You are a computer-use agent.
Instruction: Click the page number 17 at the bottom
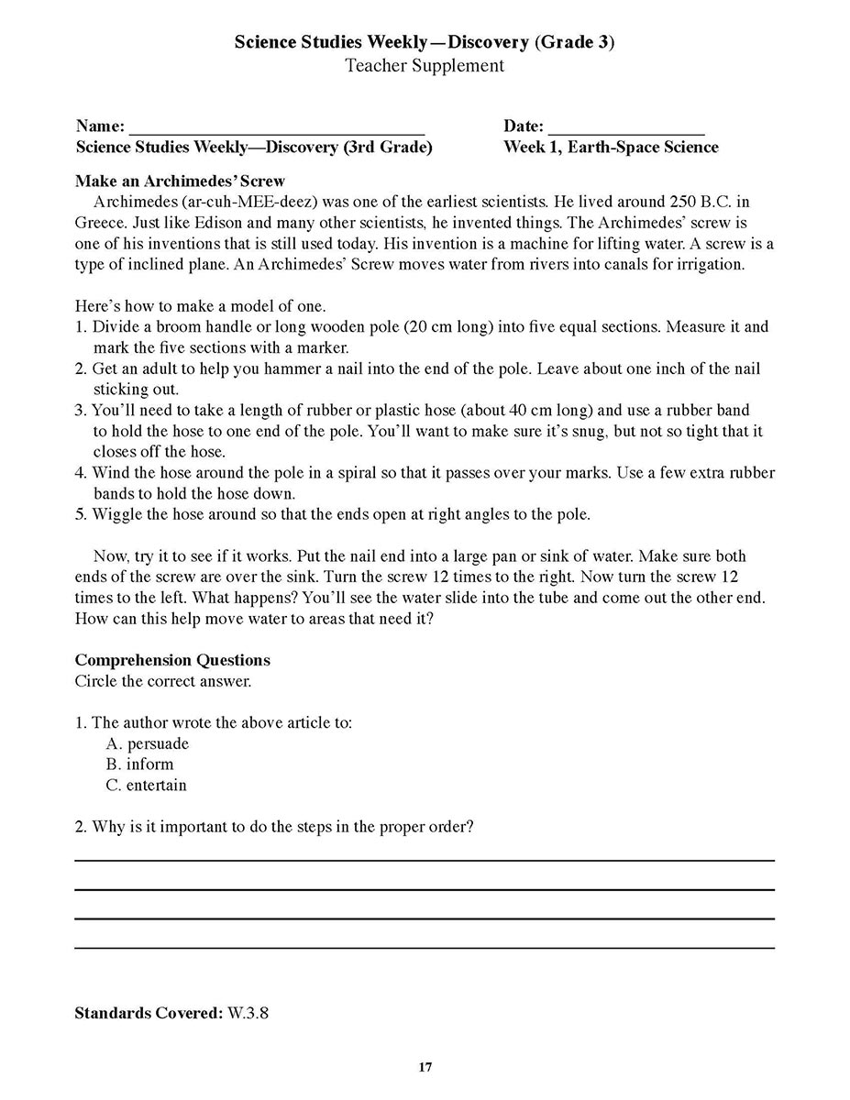click(425, 1067)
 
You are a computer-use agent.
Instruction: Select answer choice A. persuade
click(148, 743)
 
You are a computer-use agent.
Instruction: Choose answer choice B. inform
click(139, 764)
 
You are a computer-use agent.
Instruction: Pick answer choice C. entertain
click(146, 786)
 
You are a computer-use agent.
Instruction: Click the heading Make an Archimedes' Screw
click(180, 181)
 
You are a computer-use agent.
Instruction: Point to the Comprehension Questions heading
click(172, 660)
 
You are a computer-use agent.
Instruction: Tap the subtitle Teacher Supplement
click(425, 66)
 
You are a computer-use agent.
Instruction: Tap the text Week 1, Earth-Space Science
click(611, 148)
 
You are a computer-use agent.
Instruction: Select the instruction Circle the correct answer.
click(163, 681)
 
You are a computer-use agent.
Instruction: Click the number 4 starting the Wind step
click(80, 474)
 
